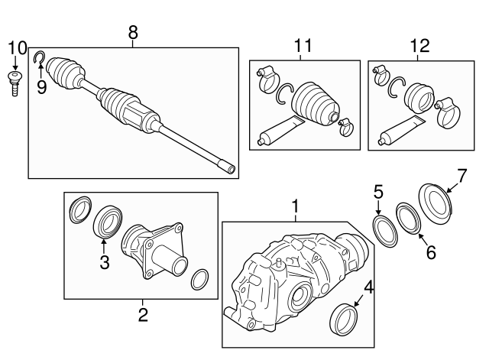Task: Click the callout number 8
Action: [133, 32]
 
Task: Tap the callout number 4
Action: [369, 287]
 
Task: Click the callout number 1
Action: [294, 206]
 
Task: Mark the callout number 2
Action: [142, 313]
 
